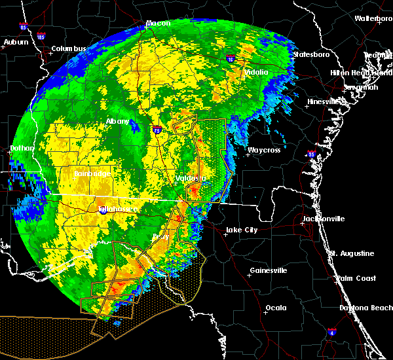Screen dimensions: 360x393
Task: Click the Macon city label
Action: pyautogui.click(x=158, y=24)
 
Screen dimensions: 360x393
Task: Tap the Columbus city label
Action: pyautogui.click(x=69, y=49)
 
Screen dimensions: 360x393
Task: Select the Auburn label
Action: pyautogui.click(x=16, y=42)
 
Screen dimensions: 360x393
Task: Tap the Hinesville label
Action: pyautogui.click(x=326, y=101)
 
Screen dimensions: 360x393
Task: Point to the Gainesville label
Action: pyautogui.click(x=269, y=270)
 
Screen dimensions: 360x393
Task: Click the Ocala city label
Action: pyautogui.click(x=275, y=308)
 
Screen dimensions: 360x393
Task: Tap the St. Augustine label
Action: pyautogui.click(x=352, y=253)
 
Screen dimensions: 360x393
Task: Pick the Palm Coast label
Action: pyautogui.click(x=356, y=278)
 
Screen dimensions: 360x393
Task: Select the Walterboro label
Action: pyautogui.click(x=373, y=18)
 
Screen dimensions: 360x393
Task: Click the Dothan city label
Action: pyautogui.click(x=22, y=149)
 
